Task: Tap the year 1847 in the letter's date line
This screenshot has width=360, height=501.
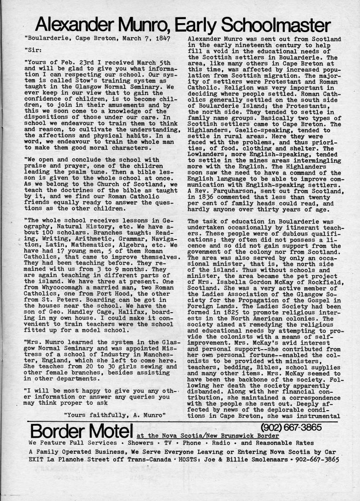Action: [164, 39]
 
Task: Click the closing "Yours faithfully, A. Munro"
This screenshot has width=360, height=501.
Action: [115, 414]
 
